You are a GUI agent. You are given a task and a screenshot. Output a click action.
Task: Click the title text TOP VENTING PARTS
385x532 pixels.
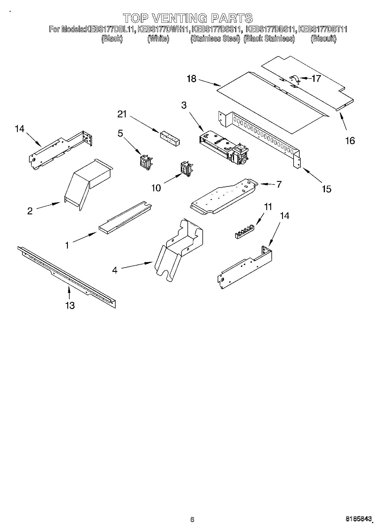[x=188, y=18]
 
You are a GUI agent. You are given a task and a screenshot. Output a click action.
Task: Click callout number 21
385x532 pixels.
[x=122, y=114]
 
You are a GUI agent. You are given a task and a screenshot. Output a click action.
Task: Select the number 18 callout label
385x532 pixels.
[x=191, y=79]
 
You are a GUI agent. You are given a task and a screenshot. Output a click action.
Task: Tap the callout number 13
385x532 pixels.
[x=70, y=305]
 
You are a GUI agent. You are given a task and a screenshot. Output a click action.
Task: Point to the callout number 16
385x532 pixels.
[x=350, y=140]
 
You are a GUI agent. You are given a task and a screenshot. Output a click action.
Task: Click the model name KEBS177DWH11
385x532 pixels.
[x=164, y=29]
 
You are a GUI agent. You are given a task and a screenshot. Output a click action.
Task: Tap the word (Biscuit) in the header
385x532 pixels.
[x=323, y=39]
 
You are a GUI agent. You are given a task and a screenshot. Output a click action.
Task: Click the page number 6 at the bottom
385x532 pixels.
[x=192, y=519]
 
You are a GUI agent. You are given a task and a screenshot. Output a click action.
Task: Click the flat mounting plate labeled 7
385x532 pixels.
[x=224, y=197]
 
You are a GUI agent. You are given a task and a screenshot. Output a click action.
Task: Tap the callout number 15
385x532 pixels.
[x=327, y=189]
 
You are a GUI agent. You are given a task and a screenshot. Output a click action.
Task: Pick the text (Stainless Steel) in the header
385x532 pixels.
[x=215, y=39]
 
